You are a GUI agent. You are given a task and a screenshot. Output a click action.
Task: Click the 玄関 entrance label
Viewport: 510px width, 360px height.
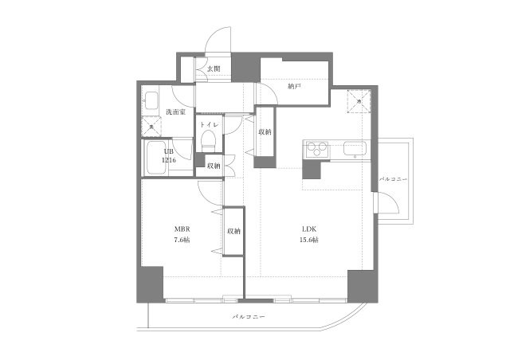point(214,69)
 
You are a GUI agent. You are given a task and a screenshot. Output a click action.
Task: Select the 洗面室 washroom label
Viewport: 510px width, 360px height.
point(175,112)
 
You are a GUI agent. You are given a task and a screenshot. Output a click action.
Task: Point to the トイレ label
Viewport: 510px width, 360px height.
point(209,125)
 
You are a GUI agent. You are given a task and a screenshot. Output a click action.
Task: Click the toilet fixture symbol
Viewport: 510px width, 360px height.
point(208,141)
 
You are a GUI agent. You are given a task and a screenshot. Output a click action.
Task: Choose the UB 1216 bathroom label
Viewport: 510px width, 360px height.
point(169,155)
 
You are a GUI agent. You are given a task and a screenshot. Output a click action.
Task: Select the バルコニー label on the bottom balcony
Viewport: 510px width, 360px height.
point(249,316)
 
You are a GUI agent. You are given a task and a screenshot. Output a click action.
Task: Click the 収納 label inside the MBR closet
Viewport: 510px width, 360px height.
point(233,231)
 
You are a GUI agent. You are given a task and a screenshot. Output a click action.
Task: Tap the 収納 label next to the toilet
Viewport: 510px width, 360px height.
point(214,166)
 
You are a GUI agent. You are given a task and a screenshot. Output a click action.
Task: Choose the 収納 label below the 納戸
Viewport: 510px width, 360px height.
point(265,131)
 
